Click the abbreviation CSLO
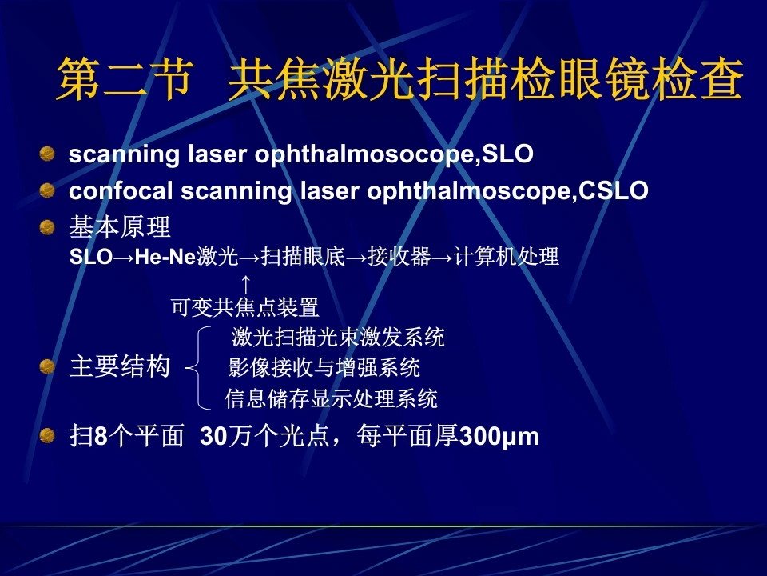pyautogui.click(x=614, y=190)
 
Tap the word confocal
pyautogui.click(x=121, y=190)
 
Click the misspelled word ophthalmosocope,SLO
pyautogui.click(x=394, y=154)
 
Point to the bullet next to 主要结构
pyautogui.click(x=47, y=366)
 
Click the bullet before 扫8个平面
pyautogui.click(x=47, y=435)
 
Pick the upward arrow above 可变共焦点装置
pyautogui.click(x=246, y=285)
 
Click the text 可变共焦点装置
pyautogui.click(x=245, y=308)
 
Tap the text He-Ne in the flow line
pyautogui.click(x=165, y=257)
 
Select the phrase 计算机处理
pyautogui.click(x=507, y=257)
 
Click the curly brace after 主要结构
pyautogui.click(x=199, y=367)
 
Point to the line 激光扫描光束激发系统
pyautogui.click(x=338, y=337)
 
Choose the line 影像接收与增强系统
pyautogui.click(x=324, y=367)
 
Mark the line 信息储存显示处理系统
pyautogui.click(x=331, y=398)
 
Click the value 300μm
pyautogui.click(x=499, y=437)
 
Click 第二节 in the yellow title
pyautogui.click(x=125, y=79)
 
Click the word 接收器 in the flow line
pyautogui.click(x=399, y=257)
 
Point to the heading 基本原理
pyautogui.click(x=120, y=227)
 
